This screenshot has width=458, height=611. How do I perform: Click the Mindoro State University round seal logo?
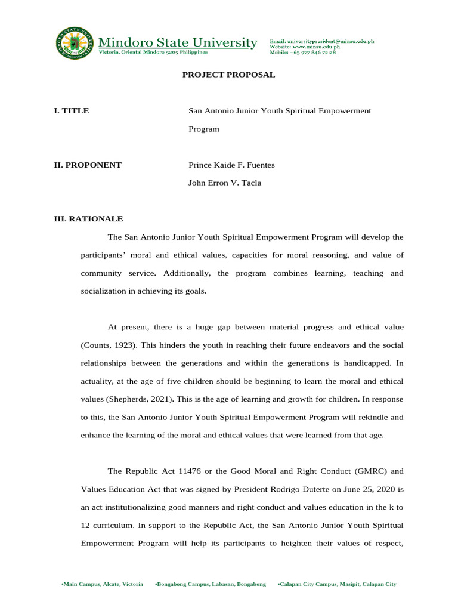pyautogui.click(x=74, y=44)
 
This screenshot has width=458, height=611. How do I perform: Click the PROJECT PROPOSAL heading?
pyautogui.click(x=228, y=75)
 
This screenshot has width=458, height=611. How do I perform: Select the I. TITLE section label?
pyautogui.click(x=72, y=110)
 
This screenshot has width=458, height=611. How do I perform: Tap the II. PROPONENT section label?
pyautogui.click(x=88, y=165)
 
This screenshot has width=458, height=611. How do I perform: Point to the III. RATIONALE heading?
pyautogui.click(x=88, y=219)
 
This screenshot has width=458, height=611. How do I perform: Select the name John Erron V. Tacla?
pyautogui.click(x=224, y=183)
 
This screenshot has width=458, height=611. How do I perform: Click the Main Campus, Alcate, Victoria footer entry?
pyautogui.click(x=103, y=584)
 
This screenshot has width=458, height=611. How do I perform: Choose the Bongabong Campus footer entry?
pyautogui.click(x=210, y=584)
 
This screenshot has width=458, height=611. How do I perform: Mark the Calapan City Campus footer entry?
pyautogui.click(x=337, y=584)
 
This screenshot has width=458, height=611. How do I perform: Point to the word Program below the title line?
pyautogui.click(x=204, y=128)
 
